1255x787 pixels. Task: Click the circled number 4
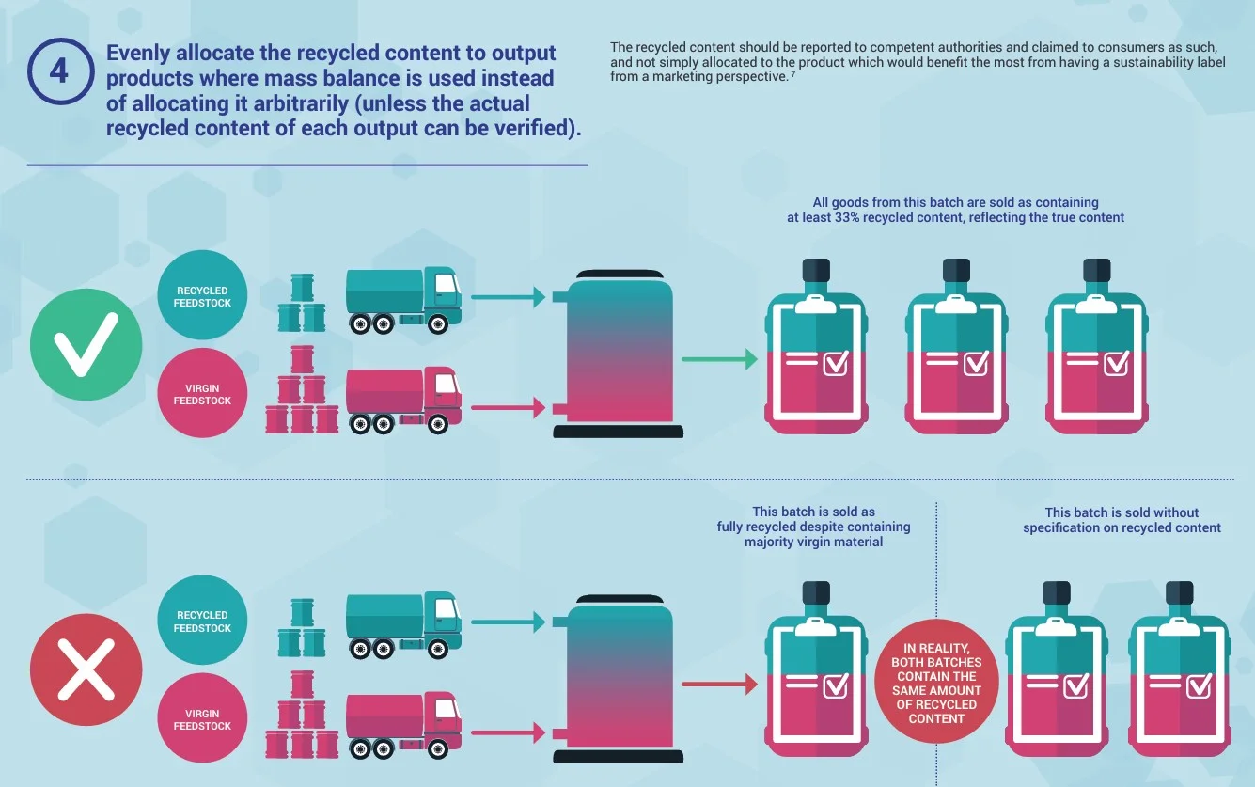click(60, 71)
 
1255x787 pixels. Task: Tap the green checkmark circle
click(86, 344)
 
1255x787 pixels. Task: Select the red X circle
click(86, 669)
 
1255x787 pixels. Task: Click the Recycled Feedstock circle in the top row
click(202, 295)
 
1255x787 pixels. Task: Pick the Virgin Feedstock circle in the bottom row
click(202, 718)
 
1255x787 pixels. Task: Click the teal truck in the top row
click(403, 301)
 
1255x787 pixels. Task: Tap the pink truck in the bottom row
click(403, 725)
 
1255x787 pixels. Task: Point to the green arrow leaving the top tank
click(719, 359)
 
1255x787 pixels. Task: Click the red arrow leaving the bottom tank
click(719, 685)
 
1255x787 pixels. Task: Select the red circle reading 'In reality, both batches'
click(936, 682)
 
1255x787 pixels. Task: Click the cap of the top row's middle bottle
click(956, 270)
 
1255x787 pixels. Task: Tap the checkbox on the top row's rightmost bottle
click(1117, 363)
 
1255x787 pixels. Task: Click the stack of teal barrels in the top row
click(302, 303)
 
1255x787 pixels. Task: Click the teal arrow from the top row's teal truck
click(509, 297)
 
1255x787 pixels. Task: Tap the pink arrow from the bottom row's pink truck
click(509, 732)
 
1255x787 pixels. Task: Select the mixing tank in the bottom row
click(618, 679)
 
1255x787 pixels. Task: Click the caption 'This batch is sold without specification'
click(1122, 520)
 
